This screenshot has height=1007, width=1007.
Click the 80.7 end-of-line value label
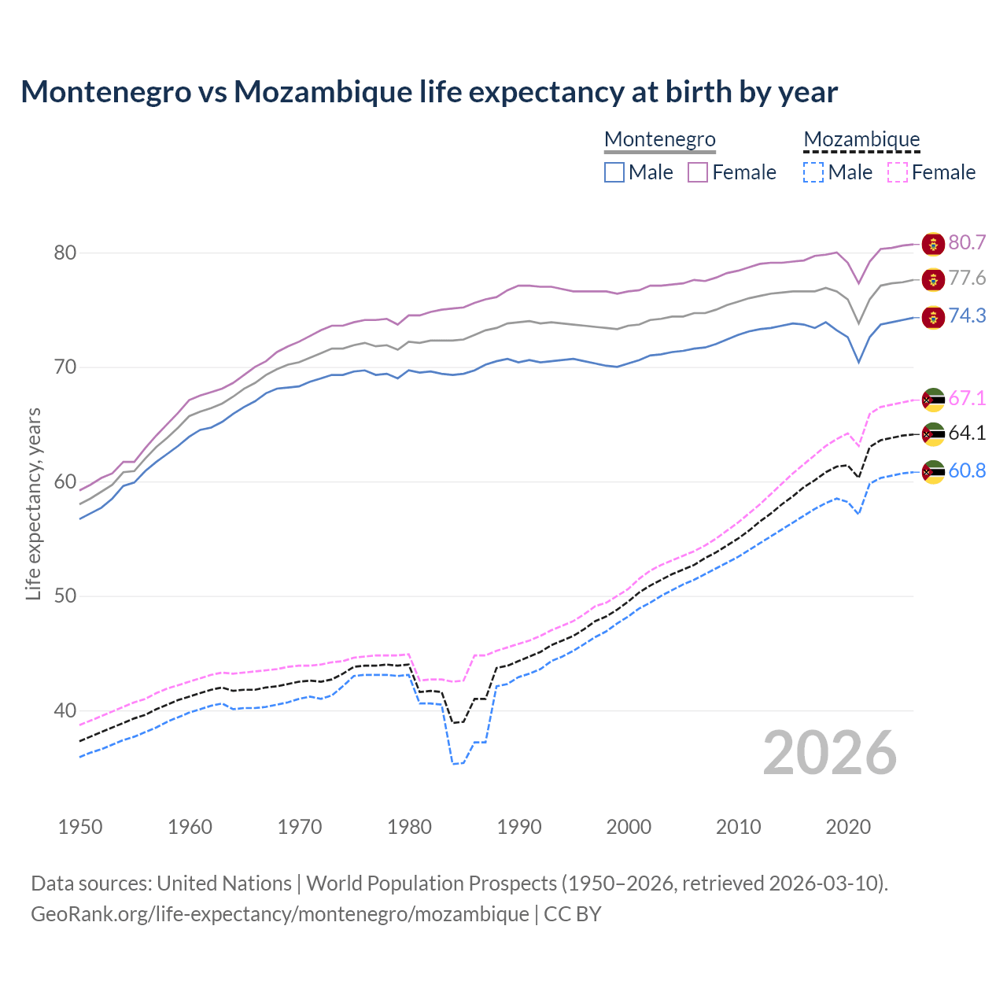[967, 242]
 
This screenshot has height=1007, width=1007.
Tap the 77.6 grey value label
[967, 278]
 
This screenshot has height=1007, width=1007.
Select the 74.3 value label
[967, 315]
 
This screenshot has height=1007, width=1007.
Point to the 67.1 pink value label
[967, 398]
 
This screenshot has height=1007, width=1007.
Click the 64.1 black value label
[967, 433]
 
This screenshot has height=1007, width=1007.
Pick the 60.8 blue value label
[967, 470]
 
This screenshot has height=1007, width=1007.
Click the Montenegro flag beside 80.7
[933, 244]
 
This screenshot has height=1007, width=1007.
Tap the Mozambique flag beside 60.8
[933, 472]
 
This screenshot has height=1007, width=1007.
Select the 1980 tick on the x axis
[410, 827]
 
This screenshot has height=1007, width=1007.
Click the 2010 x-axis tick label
[738, 827]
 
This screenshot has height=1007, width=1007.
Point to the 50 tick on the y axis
[65, 596]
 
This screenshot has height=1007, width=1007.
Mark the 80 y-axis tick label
[65, 253]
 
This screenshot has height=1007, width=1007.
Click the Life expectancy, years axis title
[33, 503]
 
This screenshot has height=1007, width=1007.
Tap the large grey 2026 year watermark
[830, 753]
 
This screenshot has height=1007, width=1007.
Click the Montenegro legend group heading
[659, 139]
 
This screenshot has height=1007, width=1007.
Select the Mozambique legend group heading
[861, 139]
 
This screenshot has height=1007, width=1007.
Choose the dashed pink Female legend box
[898, 172]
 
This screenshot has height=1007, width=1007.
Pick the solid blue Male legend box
[614, 172]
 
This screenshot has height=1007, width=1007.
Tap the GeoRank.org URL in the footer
[280, 914]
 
